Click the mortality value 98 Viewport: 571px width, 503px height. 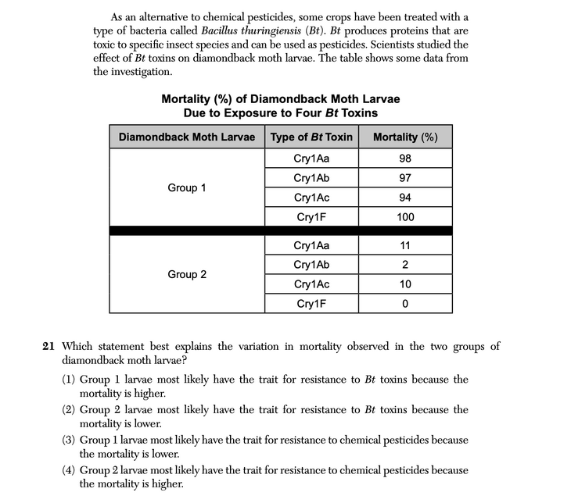coord(404,159)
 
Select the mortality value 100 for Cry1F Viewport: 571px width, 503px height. coord(405,217)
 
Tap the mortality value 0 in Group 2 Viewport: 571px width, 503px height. coord(405,304)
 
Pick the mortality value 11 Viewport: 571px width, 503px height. coord(405,245)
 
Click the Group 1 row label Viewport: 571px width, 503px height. coord(187,187)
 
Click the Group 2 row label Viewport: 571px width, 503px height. coord(187,274)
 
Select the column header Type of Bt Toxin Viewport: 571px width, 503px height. coord(311,137)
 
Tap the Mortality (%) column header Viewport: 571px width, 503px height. coord(405,137)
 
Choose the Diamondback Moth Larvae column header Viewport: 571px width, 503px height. coord(187,137)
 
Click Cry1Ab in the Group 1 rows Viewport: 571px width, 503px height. coord(311,178)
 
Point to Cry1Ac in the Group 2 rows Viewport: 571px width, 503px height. coord(311,284)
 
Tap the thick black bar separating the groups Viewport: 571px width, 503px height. coord(280,230)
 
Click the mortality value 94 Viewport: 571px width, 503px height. coord(405,198)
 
